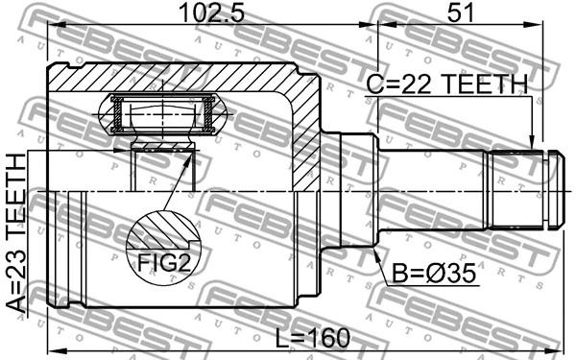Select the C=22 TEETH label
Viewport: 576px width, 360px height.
point(447,84)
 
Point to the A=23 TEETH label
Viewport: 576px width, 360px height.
point(16,233)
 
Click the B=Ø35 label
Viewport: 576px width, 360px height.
point(434,274)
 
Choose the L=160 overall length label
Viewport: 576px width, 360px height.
point(313,338)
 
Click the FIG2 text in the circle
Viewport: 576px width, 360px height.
point(163,263)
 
